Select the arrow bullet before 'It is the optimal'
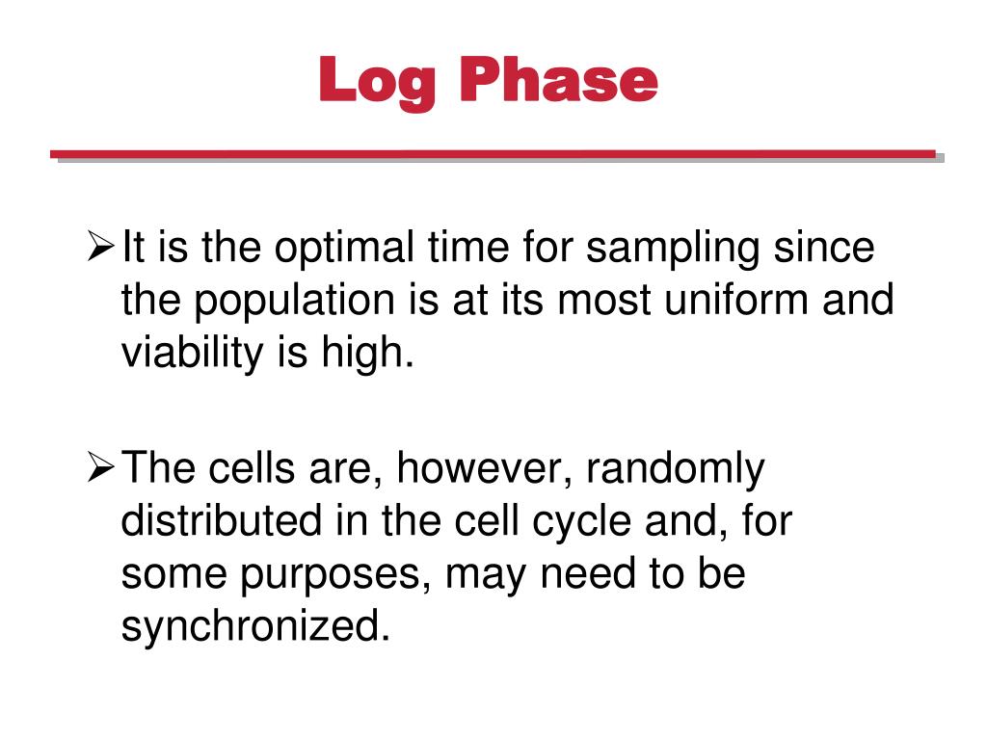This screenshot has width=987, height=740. tap(101, 250)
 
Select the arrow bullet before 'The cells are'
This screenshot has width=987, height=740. tap(101, 470)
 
